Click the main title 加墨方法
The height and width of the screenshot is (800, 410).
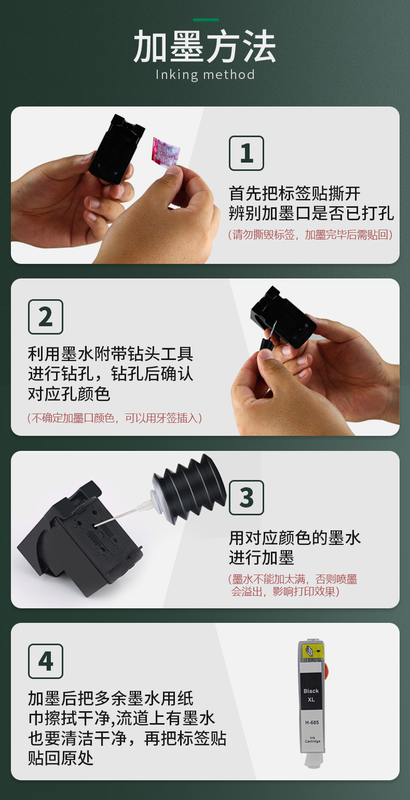pos(205,46)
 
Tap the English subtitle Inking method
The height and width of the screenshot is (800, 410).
pos(205,75)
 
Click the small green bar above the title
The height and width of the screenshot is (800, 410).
pos(206,20)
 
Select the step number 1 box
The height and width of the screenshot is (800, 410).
pos(246,153)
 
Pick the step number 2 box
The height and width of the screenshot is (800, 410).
pos(46,317)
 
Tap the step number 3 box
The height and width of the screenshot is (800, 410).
pos(246,498)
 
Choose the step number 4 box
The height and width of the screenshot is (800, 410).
pos(46,661)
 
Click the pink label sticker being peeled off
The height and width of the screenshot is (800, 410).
pos(165,151)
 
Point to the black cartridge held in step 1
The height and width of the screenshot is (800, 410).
pos(116,149)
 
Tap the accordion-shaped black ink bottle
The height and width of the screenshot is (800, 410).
pos(189,483)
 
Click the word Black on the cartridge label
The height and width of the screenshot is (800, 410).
pos(311,691)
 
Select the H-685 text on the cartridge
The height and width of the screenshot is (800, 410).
pos(312,723)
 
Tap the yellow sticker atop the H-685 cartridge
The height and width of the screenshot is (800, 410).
pos(312,651)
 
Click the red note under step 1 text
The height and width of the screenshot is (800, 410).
pos(310,235)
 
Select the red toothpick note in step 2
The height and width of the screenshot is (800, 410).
pos(115,418)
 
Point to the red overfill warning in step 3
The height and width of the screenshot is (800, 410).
pos(293,585)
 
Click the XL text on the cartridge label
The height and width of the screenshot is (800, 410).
pos(311,700)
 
